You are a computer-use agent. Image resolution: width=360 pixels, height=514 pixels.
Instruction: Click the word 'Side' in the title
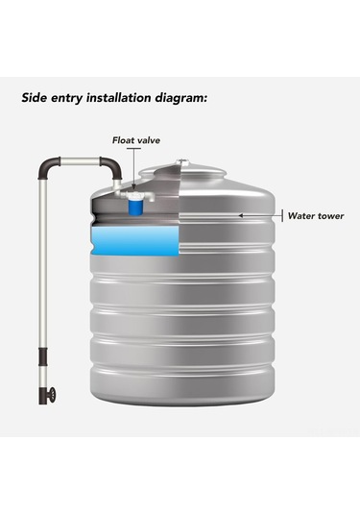coord(34,97)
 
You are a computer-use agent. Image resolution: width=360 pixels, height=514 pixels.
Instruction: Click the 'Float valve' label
coord(136,140)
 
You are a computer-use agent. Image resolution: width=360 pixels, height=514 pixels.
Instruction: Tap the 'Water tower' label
coord(316,216)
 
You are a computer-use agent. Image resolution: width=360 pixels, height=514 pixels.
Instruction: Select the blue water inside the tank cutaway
coord(135,241)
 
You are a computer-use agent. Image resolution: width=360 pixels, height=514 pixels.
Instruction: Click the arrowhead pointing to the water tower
coord(240,216)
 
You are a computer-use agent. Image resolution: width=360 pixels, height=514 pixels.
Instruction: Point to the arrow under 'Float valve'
coord(134,169)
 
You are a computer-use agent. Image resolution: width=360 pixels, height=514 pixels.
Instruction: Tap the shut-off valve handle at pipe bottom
coord(52,395)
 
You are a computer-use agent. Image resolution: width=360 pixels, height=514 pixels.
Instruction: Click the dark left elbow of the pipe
coord(47,166)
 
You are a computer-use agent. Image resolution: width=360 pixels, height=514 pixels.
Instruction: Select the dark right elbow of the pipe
coord(112,166)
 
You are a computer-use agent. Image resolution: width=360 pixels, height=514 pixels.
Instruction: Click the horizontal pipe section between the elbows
coord(81,161)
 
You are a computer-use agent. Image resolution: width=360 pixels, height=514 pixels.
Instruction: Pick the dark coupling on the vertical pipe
coord(43,357)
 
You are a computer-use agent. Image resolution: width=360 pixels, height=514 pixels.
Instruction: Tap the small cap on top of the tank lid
coord(182,162)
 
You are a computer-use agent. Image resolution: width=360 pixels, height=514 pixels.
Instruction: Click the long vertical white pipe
coord(43,263)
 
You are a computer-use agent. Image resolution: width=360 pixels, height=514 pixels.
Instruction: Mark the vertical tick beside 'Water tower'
coord(282,215)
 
